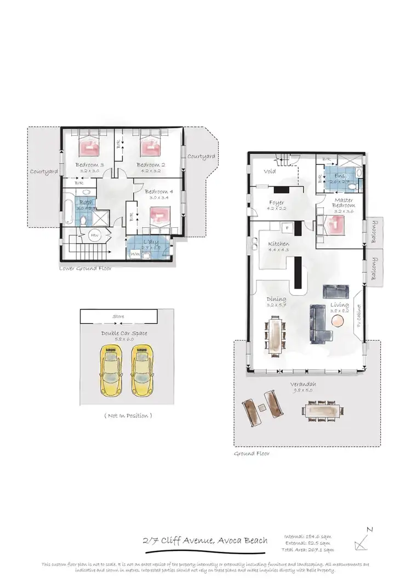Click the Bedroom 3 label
coord(89,165)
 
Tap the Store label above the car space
coord(118,317)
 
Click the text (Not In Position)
coord(127,416)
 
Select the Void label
coord(270,171)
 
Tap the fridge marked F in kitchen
coord(285,227)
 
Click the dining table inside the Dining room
coord(275,335)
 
